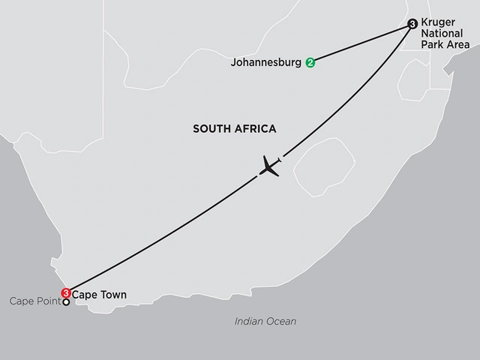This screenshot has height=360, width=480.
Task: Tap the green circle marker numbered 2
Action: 310,63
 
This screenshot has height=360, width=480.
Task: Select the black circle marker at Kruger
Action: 412,25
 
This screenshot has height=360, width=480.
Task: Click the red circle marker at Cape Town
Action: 66,292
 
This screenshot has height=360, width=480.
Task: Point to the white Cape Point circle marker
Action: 66,302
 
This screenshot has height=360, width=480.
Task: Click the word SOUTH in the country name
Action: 211,129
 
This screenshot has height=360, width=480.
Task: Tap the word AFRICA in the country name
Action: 255,129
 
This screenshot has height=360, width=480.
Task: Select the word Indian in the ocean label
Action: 249,321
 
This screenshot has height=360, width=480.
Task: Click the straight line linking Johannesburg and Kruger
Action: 360,44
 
